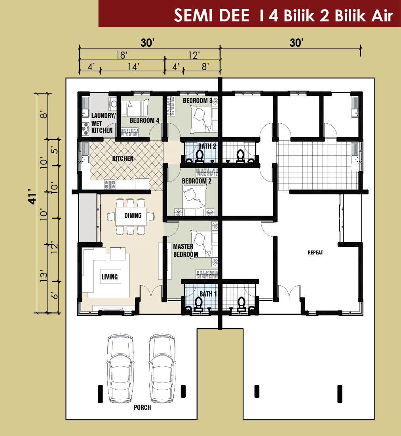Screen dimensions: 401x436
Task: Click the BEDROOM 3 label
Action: click(198, 101)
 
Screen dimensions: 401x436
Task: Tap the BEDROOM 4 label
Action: click(144, 120)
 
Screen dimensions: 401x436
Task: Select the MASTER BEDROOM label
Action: click(186, 250)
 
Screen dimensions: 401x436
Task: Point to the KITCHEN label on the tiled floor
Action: click(123, 159)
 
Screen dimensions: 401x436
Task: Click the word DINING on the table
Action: click(133, 216)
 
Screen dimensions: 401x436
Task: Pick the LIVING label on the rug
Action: click(109, 277)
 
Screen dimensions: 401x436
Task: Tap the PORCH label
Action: click(143, 407)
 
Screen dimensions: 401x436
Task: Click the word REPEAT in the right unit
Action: click(315, 252)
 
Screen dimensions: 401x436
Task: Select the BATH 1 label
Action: click(208, 294)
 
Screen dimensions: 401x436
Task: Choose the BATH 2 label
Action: click(207, 146)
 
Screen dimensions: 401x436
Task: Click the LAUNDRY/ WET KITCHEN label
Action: click(103, 123)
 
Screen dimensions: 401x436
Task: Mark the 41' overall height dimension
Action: click(32, 197)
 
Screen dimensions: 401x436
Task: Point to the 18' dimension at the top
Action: click(122, 55)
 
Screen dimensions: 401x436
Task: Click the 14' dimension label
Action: click(133, 67)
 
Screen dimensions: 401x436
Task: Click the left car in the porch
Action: click(120, 368)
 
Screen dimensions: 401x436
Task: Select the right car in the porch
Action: click(162, 368)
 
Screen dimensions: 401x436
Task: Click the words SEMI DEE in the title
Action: click(212, 15)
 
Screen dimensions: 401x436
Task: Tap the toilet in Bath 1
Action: click(198, 304)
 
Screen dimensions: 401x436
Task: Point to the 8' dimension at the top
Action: click(205, 67)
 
